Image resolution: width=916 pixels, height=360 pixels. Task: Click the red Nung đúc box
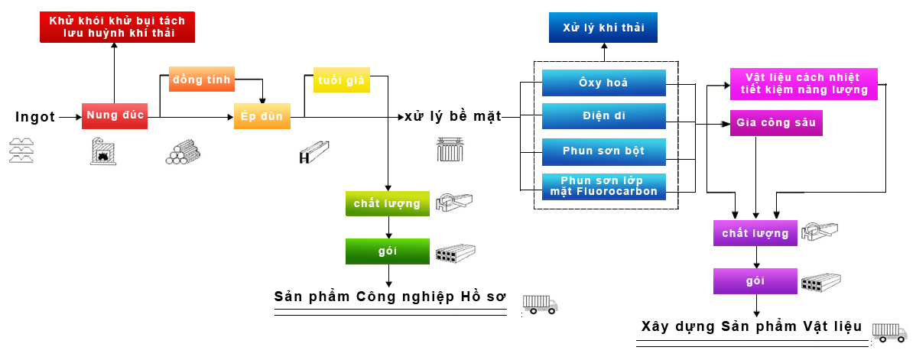point(114,116)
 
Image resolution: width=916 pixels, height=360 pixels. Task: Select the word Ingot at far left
point(35,117)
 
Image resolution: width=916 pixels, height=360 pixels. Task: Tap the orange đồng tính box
point(201,80)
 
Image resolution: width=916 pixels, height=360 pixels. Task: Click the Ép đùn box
point(262,117)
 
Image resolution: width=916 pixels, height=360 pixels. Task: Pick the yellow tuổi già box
point(341,80)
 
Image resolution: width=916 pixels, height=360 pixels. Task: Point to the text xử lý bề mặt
point(453,117)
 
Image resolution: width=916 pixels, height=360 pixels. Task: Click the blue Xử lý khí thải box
point(603,28)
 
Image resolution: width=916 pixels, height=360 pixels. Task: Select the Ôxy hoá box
point(603,83)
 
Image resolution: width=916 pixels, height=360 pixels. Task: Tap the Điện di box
point(603,117)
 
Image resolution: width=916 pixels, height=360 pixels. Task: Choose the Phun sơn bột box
point(603,151)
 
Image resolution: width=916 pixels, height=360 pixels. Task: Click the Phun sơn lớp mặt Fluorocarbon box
point(603,186)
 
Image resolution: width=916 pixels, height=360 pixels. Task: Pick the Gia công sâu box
point(775,123)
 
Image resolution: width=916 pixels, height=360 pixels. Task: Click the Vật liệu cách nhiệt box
point(804,83)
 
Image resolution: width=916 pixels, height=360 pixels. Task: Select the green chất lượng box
point(387,204)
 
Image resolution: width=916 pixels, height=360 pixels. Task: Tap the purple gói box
point(755,281)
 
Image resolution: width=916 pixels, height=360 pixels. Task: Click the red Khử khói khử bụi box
point(118,27)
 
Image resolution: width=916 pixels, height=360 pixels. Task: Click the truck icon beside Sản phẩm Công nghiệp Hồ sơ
point(540,304)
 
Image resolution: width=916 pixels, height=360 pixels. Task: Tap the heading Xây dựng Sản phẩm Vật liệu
point(752,327)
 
